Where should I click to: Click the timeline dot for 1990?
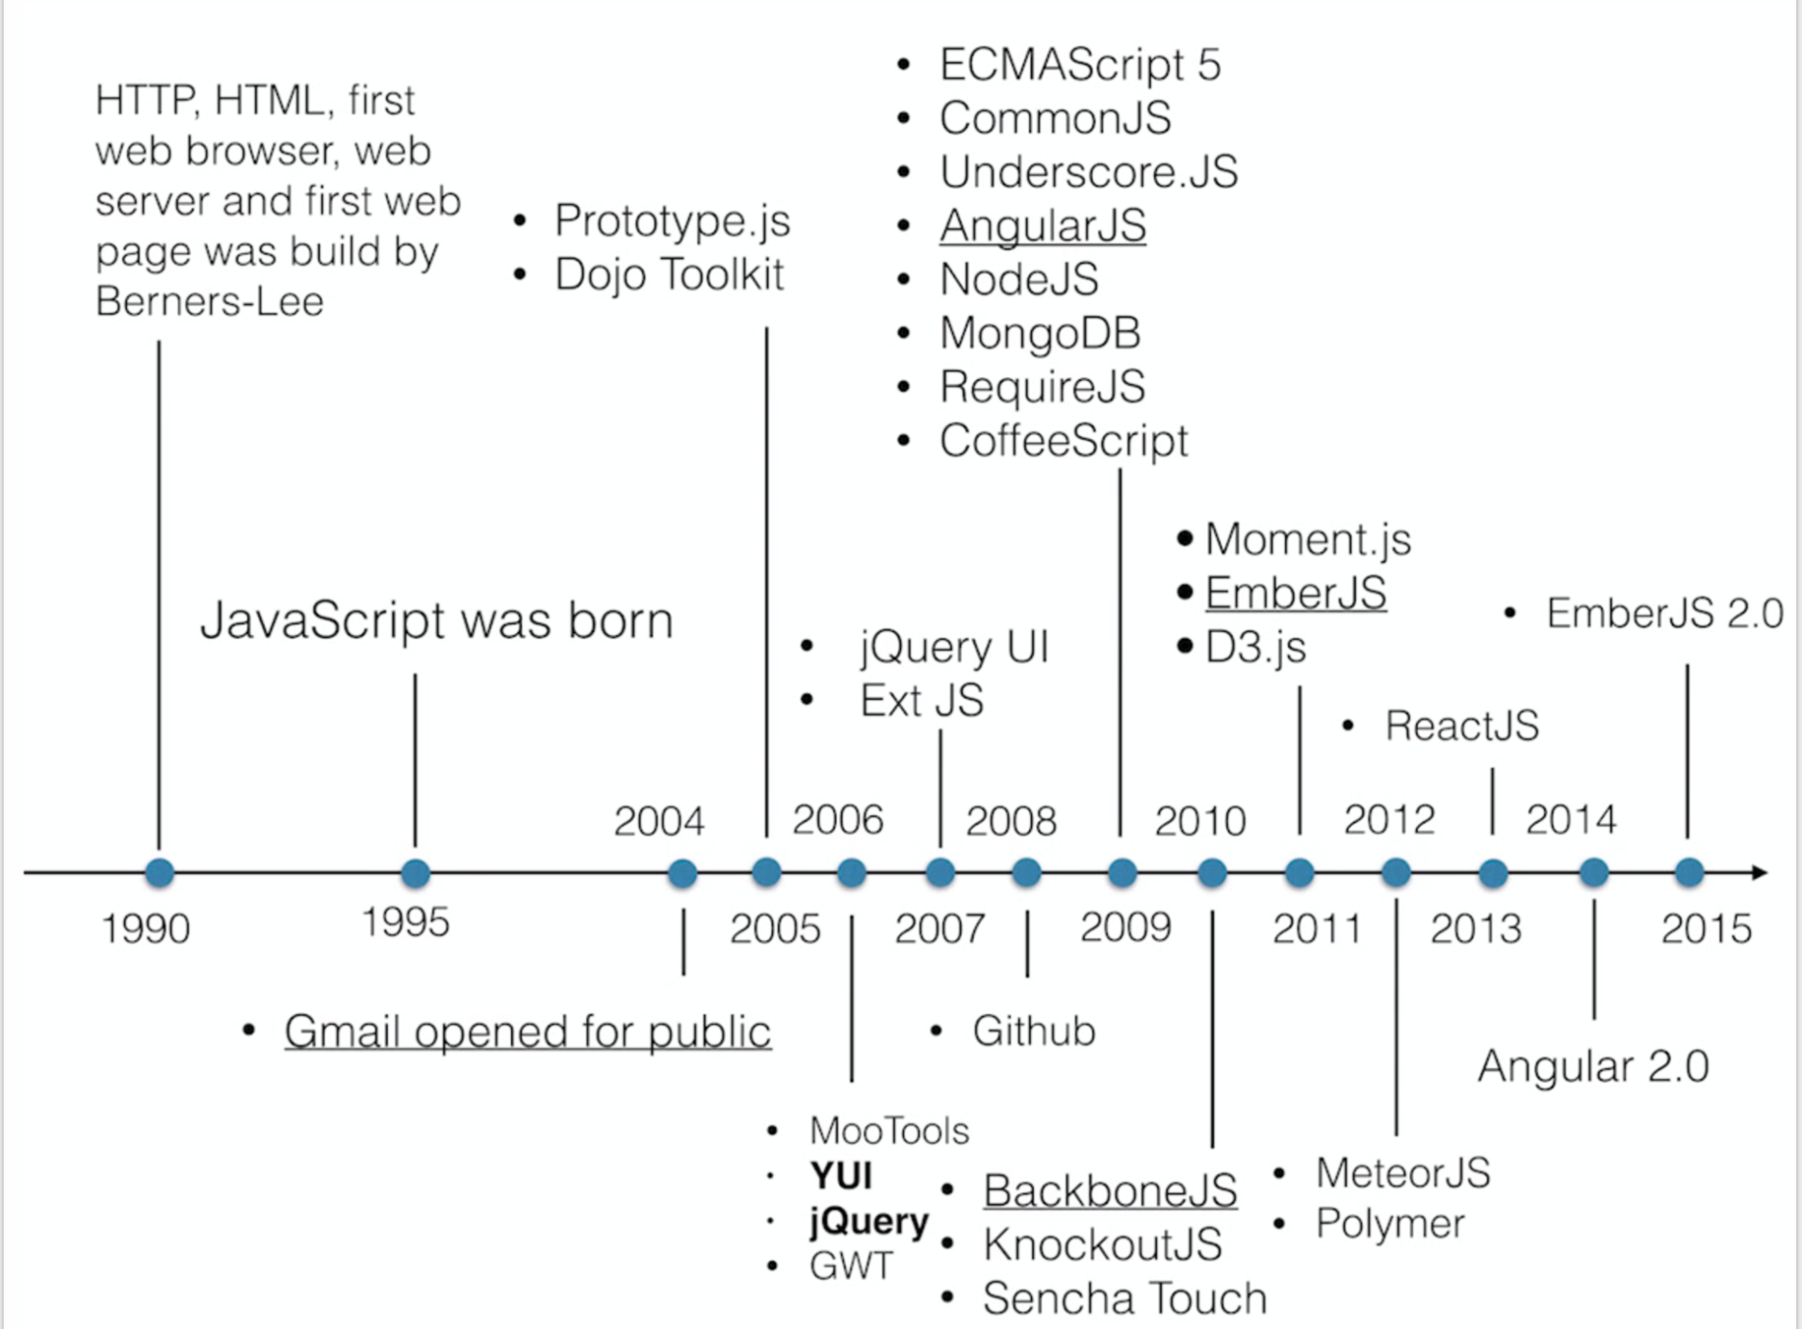pos(160,872)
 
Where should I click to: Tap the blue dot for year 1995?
pos(416,872)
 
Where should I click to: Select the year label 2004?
pos(659,821)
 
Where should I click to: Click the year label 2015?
pos(1706,928)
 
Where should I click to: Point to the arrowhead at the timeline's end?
pos(1760,872)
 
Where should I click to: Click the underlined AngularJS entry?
pos(1043,225)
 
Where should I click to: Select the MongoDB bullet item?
pos(1040,333)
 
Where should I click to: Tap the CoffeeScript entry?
pos(1063,440)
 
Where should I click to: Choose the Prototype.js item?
pos(672,221)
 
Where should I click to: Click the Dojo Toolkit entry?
pos(669,275)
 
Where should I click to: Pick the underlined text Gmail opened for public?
pos(527,1032)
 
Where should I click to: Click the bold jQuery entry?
pos(869,1221)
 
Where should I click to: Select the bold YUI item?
pos(841,1175)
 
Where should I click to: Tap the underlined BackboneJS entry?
pos(1110,1191)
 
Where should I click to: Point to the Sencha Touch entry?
pos(1125,1298)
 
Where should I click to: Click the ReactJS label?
pos(1461,726)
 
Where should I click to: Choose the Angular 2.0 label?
pos(1593,1066)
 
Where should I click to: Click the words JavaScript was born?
pos(436,620)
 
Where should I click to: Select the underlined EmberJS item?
pos(1296,593)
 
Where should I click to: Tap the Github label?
pos(1034,1032)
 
